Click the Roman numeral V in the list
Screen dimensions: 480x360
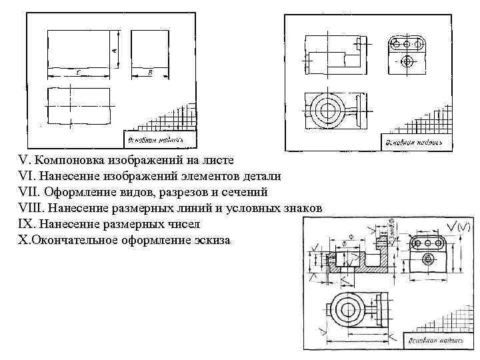[24, 160]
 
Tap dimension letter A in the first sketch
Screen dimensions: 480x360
[114, 49]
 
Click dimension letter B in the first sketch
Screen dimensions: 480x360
[150, 71]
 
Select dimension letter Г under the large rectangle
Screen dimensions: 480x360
[78, 71]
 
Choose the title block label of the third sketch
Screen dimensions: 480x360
[431, 339]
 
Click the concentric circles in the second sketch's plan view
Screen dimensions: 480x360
[326, 109]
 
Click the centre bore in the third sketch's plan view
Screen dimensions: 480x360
[347, 308]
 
